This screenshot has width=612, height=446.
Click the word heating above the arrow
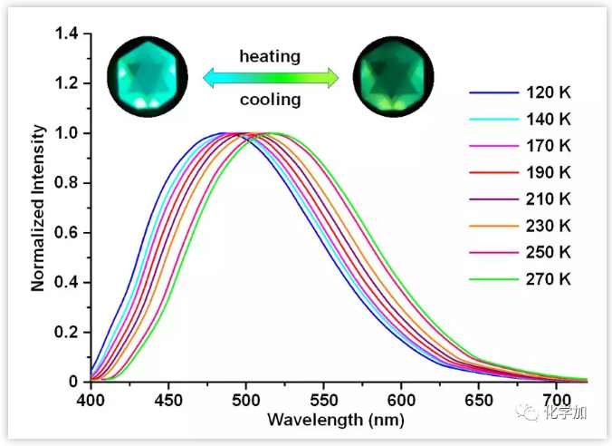coord(269,57)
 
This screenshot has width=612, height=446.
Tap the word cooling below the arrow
coord(270,100)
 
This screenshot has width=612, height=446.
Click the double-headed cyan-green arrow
coord(270,79)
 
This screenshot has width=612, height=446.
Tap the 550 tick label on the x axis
coord(323,398)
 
